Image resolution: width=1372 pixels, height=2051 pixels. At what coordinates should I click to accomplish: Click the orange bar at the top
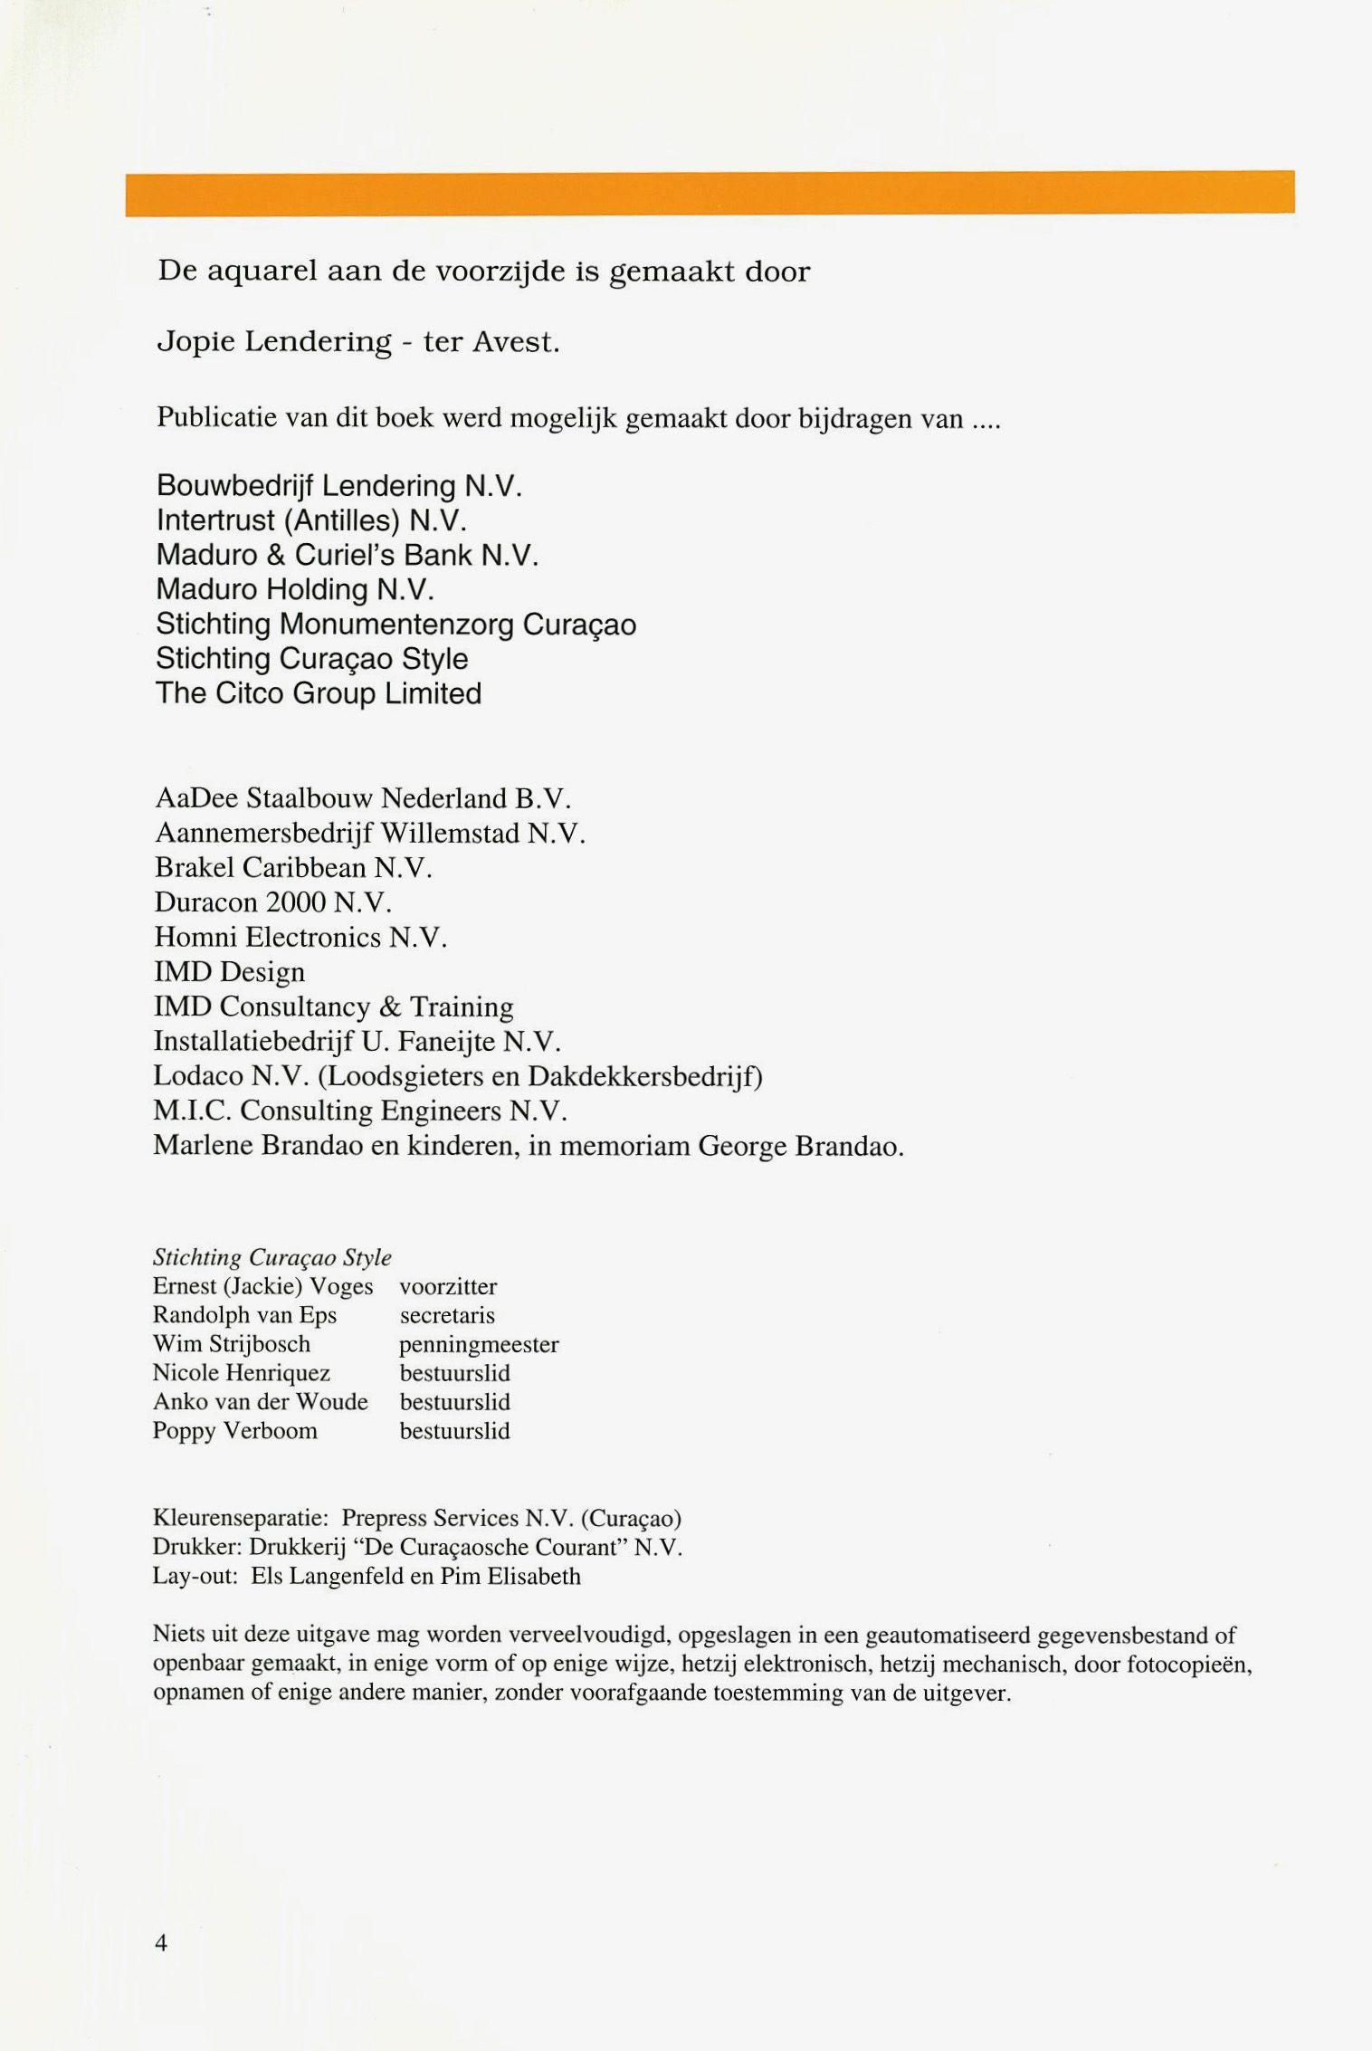click(710, 193)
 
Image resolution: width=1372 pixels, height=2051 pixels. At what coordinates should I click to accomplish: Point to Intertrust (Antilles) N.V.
click(310, 520)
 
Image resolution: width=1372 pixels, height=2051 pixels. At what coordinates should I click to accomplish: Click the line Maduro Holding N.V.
click(295, 589)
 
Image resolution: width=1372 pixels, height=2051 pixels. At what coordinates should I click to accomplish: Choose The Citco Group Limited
click(319, 693)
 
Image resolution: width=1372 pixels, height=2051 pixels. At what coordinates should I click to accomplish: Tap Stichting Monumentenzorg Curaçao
click(395, 625)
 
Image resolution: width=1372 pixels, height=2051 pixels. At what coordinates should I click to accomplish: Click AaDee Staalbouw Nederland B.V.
click(363, 798)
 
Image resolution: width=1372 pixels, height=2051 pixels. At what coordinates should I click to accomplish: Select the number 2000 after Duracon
click(295, 902)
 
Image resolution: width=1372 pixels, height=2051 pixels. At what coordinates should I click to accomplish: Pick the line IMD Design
click(229, 972)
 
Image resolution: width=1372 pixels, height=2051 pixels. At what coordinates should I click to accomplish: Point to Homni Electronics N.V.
click(300, 937)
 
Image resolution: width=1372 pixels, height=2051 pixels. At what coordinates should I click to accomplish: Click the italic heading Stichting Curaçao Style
click(272, 1257)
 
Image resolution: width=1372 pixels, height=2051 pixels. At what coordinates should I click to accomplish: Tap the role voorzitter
click(448, 1286)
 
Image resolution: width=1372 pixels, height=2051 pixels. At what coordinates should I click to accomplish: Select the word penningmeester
click(479, 1344)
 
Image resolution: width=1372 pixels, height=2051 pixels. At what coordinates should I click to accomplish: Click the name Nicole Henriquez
click(242, 1373)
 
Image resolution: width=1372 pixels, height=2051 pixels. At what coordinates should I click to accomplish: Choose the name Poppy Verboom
click(234, 1431)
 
